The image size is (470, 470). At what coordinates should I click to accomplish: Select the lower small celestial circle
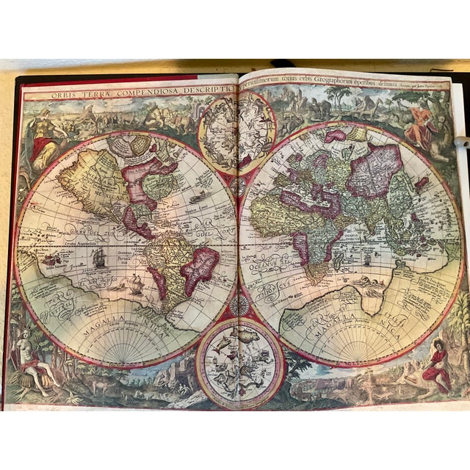click(240, 364)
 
